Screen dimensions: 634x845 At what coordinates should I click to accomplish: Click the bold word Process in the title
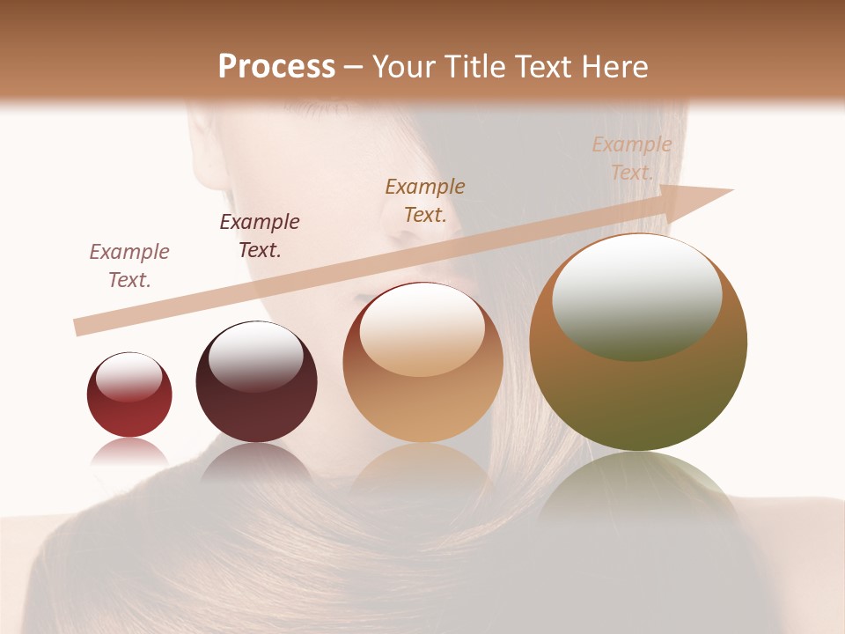276,67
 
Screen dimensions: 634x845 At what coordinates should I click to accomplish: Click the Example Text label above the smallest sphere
129,266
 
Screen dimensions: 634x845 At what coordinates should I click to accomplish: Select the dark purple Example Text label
260,236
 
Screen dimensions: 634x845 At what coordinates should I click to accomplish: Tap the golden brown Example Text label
425,201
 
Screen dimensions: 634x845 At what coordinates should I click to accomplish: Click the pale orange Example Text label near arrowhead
631,158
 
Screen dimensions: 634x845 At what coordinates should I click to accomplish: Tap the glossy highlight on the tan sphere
422,328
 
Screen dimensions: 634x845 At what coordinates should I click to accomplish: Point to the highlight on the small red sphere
129,377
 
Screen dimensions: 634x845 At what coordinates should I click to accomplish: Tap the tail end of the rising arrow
77,328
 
